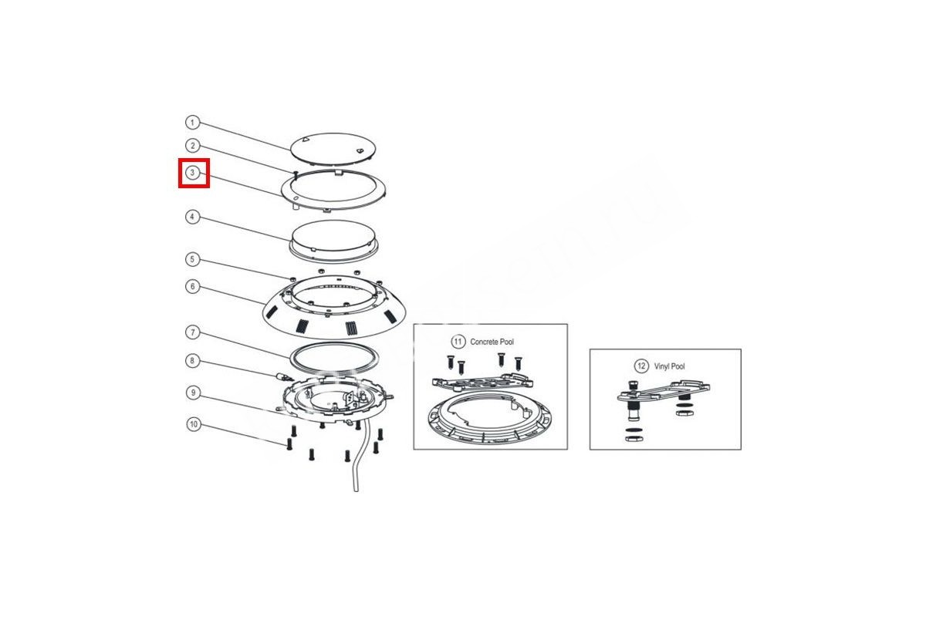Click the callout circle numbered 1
tap(192, 123)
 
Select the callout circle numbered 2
tap(192, 146)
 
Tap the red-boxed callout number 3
tap(192, 173)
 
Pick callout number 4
tap(192, 217)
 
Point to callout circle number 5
tap(192, 260)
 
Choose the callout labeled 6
tap(193, 286)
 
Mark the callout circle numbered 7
tap(193, 332)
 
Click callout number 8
tap(193, 361)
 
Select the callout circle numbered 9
tap(193, 393)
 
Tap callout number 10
tap(194, 424)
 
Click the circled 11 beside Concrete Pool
tap(458, 342)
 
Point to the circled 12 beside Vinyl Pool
tap(641, 366)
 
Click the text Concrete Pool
tap(492, 342)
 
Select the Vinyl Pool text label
tap(669, 366)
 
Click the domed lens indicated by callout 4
tap(333, 239)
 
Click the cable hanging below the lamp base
tap(359, 459)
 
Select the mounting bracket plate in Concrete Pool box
tap(482, 383)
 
